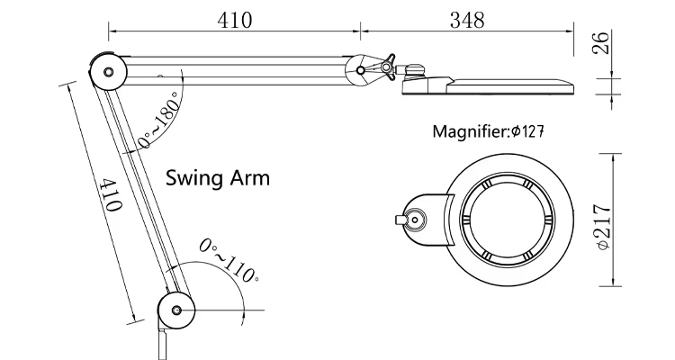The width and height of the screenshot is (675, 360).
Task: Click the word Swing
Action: point(193,177)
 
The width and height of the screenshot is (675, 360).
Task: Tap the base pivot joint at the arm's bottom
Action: point(175,310)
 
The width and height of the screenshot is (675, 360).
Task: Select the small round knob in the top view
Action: point(415,220)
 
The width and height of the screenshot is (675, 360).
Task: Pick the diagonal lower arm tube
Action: point(140,189)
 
